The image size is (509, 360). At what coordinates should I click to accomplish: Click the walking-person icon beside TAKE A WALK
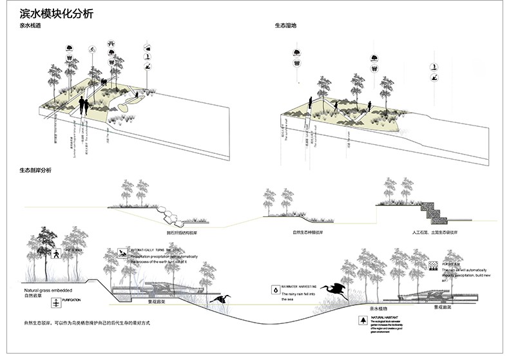coord(57,254)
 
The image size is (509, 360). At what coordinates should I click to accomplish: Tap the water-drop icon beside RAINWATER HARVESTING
coord(276,291)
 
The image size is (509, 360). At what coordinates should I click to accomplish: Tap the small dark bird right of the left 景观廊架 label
coord(222,299)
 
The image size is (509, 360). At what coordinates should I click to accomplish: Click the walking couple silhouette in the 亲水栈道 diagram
coord(84,106)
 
